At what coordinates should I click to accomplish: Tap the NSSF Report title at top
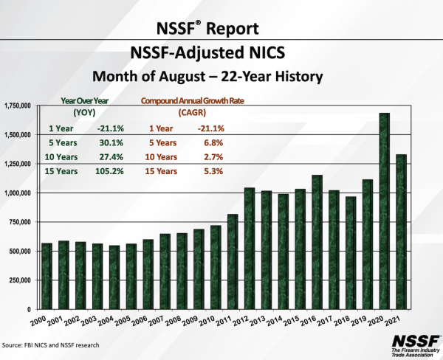point(221,29)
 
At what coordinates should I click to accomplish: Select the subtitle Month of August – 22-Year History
point(221,75)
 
